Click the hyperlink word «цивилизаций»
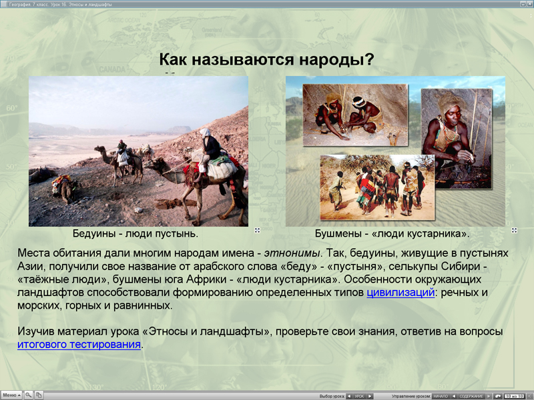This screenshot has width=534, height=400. pyautogui.click(x=400, y=293)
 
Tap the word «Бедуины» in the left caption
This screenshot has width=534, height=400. pyautogui.click(x=94, y=234)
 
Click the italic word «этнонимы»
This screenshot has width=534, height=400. pyautogui.click(x=292, y=253)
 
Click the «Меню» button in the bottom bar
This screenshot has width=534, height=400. pyautogui.click(x=11, y=395)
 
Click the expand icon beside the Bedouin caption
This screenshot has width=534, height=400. pyautogui.click(x=257, y=231)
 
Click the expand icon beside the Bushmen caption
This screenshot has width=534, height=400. pyautogui.click(x=514, y=231)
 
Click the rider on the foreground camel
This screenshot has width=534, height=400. pyautogui.click(x=210, y=150)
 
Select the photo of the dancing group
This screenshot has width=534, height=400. pyautogui.click(x=376, y=187)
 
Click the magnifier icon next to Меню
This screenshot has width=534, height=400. pyautogui.click(x=29, y=395)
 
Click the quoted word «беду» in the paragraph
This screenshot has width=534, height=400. pyautogui.click(x=298, y=266)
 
